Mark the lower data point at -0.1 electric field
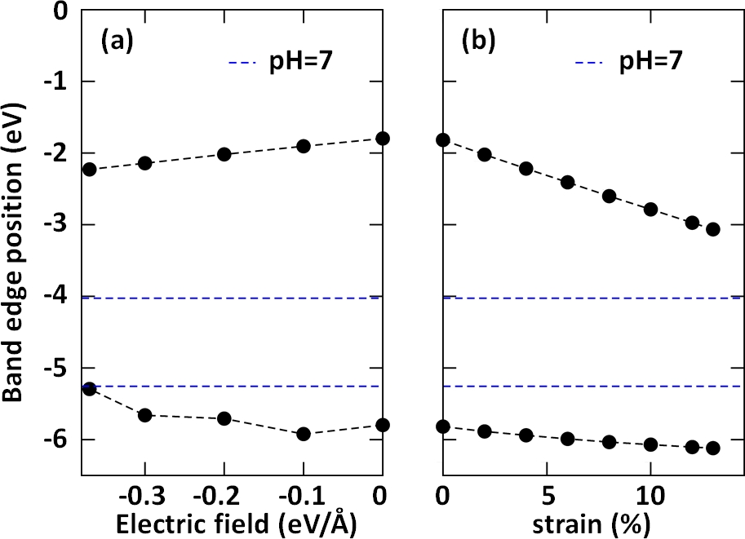304,434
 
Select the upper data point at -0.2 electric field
224,154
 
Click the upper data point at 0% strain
443,139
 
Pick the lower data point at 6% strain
567,439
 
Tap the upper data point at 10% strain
650,209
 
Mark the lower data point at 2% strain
484,431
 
